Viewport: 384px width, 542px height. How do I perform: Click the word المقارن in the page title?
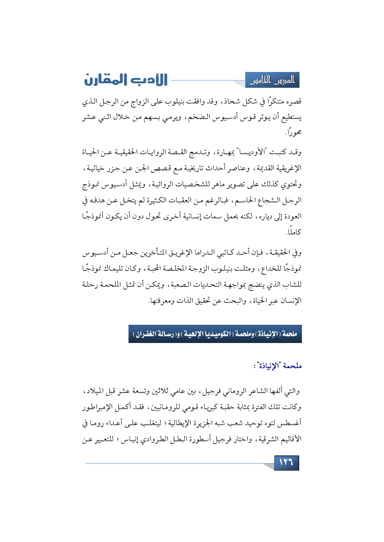(104, 80)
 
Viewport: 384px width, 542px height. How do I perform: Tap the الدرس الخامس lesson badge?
(272, 80)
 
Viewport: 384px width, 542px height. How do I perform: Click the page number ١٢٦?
(286, 463)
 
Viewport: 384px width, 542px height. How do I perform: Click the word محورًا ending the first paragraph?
(294, 133)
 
